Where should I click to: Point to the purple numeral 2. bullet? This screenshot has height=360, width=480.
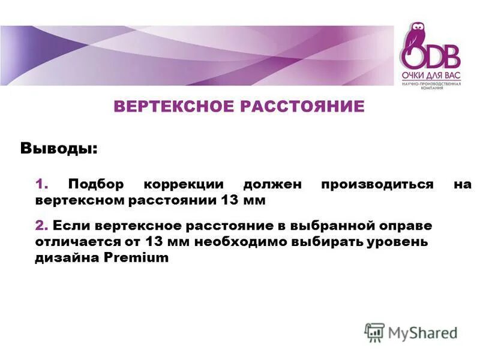41,226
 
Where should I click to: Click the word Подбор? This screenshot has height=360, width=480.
95,184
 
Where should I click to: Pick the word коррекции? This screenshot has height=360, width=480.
183,184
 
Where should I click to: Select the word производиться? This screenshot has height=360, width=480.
377,184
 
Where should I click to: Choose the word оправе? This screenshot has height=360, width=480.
405,226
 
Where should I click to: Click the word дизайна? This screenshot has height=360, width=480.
67,257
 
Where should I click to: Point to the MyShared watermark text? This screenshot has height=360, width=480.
422,332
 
